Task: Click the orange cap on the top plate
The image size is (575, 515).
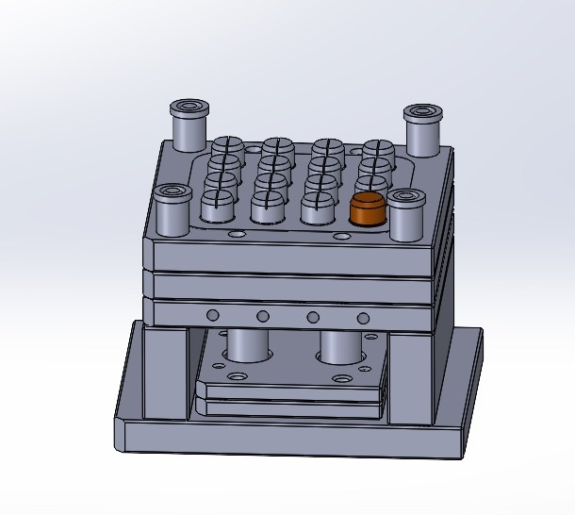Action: [367, 209]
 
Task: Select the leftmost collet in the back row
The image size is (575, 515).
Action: [227, 149]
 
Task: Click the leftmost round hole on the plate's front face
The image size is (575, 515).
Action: [213, 314]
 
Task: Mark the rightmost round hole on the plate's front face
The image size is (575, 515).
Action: [364, 316]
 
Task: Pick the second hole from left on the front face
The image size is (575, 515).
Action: [263, 315]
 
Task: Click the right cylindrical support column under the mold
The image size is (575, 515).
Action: [340, 346]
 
